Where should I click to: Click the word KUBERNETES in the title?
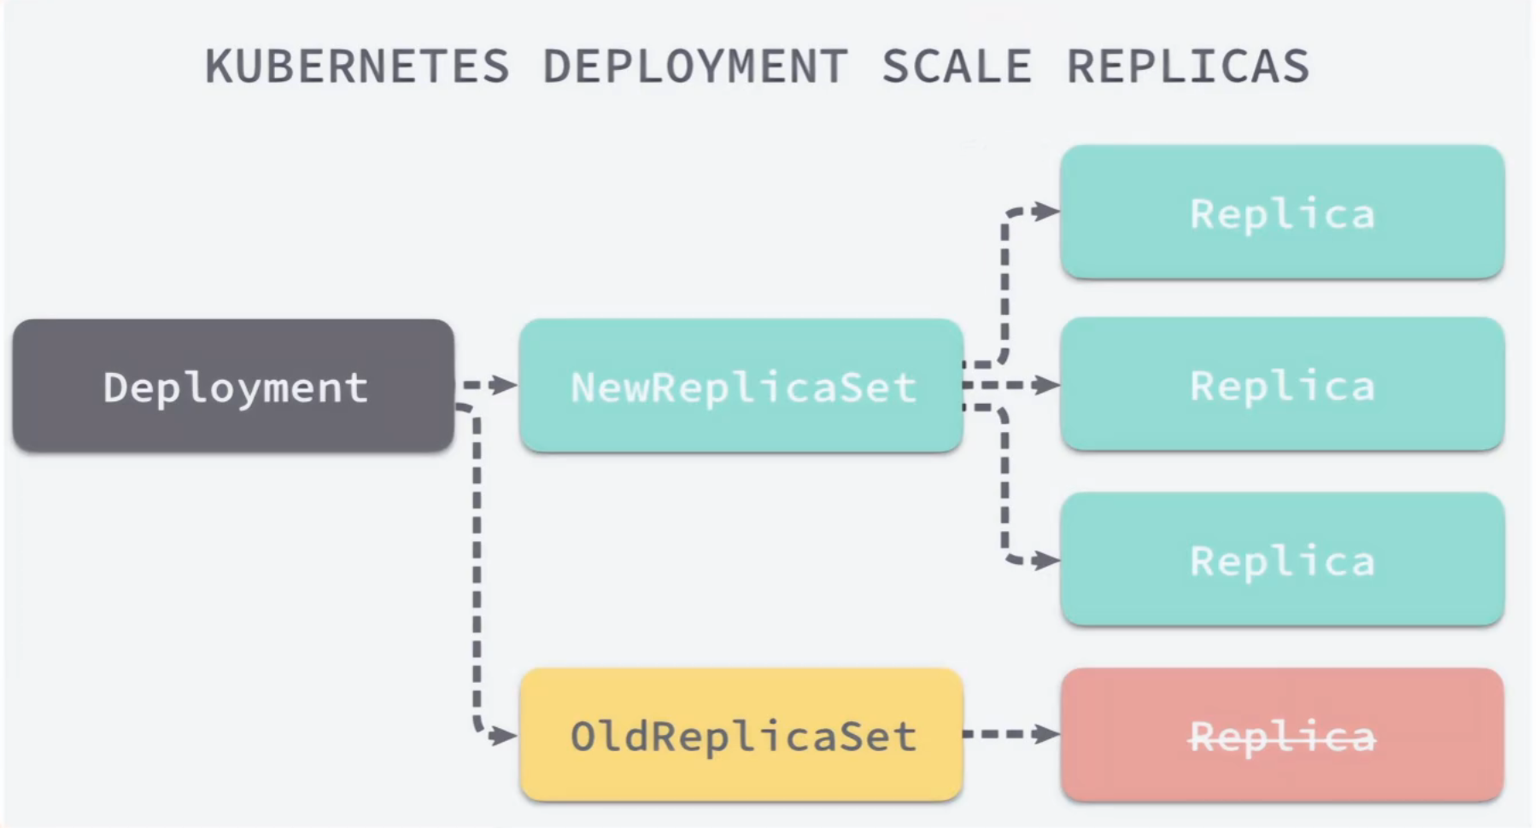coord(357,67)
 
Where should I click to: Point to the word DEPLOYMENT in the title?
coord(695,67)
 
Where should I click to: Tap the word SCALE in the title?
coord(957,67)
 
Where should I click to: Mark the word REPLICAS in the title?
coord(1188,67)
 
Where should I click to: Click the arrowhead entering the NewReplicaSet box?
coord(507,386)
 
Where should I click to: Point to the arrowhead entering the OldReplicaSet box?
coord(505,735)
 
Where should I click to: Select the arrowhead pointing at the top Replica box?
coord(1046,211)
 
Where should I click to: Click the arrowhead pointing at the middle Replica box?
coord(1046,386)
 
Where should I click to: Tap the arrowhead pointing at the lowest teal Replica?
coord(1046,561)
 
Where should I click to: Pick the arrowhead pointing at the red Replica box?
coord(1046,734)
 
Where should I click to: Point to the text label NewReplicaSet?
coord(743,388)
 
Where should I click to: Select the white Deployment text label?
coord(235,388)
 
